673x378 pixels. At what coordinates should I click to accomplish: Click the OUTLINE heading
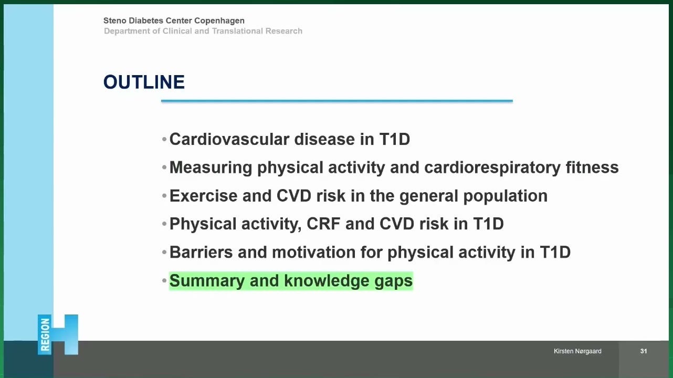[x=144, y=82]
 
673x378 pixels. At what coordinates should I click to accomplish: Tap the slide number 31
[x=644, y=351]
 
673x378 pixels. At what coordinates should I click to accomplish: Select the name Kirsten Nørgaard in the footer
[x=577, y=351]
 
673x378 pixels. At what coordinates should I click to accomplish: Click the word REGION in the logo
[x=45, y=334]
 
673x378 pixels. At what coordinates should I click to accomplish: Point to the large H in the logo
[x=65, y=334]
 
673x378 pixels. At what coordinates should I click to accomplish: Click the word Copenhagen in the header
[x=219, y=20]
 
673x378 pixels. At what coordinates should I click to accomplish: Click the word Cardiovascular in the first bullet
[x=229, y=140]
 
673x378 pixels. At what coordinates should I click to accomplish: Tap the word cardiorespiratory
[x=492, y=168]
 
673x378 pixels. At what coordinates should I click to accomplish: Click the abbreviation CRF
[x=323, y=224]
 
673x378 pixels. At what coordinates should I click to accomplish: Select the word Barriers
[x=201, y=252]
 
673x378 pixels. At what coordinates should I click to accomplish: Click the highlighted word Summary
[x=207, y=281]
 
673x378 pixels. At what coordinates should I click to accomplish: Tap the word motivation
[x=314, y=252]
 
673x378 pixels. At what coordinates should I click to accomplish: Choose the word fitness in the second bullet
[x=592, y=167]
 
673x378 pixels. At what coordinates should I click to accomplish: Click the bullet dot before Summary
[x=164, y=281]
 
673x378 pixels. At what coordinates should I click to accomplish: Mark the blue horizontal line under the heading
[x=337, y=101]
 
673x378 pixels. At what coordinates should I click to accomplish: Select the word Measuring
[x=211, y=168]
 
